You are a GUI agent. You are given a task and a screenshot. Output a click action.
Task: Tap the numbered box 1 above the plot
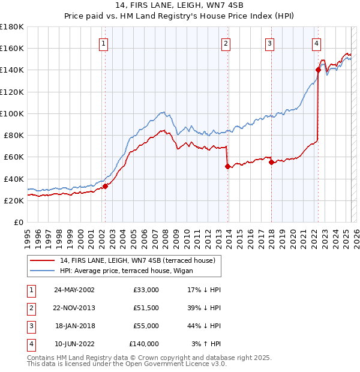click(x=104, y=43)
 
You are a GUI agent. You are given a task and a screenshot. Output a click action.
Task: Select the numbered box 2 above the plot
click(x=226, y=43)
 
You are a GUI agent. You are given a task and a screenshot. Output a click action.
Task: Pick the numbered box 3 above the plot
click(x=270, y=43)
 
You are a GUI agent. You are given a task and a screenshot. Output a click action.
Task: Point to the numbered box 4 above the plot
click(x=316, y=43)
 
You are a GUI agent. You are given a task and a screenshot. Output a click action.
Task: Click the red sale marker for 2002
click(x=105, y=186)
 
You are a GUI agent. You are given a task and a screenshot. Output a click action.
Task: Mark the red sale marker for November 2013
click(x=227, y=166)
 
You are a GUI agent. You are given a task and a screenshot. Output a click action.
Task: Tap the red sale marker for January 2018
click(x=272, y=162)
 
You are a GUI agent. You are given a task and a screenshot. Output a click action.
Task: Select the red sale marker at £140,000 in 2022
click(x=318, y=70)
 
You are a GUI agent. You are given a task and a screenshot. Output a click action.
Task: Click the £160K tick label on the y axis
click(x=12, y=48)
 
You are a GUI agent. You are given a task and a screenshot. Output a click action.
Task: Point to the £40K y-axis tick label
click(x=14, y=179)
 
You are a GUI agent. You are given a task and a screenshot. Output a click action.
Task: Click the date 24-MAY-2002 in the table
click(x=74, y=290)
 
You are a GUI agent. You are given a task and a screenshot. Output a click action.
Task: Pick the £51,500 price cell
click(x=146, y=308)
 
